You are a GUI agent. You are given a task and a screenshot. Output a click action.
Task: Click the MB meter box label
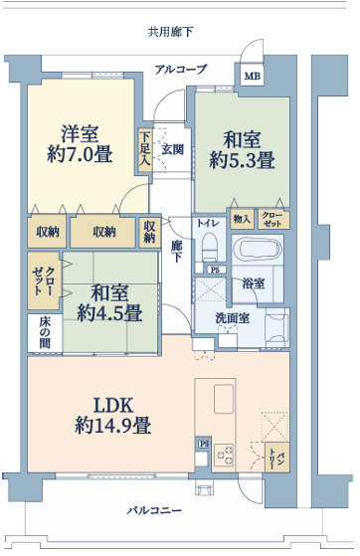tap(253, 76)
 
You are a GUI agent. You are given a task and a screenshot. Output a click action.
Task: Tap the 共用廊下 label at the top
tap(170, 32)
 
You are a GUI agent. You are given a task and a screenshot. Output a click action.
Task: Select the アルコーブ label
tap(181, 69)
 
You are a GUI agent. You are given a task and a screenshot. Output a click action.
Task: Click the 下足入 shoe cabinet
tap(145, 150)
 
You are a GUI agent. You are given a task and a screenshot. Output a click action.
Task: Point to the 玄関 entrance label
tap(173, 149)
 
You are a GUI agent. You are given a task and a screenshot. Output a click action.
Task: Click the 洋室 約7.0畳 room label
tap(80, 144)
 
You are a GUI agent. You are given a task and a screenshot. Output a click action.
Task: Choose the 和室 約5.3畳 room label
tap(243, 150)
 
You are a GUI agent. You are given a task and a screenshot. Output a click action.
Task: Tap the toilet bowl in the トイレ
tap(209, 247)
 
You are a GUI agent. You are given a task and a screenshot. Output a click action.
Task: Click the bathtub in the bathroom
tap(258, 249)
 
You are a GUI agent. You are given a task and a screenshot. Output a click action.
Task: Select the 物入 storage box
tap(243, 219)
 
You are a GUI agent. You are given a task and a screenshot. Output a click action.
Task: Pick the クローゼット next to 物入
tap(273, 219)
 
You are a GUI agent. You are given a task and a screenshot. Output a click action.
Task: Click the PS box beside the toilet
tap(215, 270)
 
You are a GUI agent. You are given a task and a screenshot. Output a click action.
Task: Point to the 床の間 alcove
tap(45, 333)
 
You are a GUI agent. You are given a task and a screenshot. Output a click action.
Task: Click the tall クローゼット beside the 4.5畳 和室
tap(44, 280)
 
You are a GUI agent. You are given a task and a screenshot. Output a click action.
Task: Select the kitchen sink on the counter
tap(224, 399)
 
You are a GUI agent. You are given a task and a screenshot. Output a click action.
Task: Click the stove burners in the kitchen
tap(224, 455)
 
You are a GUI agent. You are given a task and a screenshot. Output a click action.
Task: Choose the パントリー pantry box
tap(277, 458)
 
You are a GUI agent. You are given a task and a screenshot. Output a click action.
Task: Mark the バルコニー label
tap(154, 510)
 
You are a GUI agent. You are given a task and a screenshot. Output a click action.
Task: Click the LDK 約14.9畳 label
tap(113, 415)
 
